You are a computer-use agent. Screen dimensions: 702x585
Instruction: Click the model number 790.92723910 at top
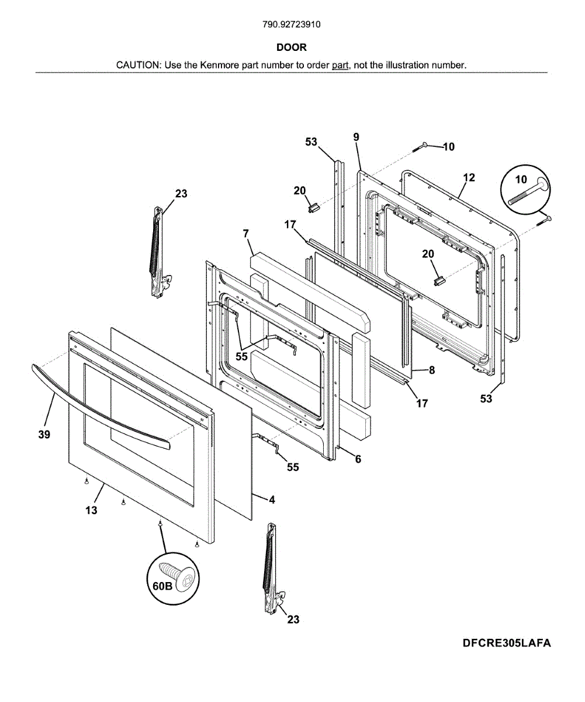pos(292,25)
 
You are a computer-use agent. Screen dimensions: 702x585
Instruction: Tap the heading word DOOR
pos(292,47)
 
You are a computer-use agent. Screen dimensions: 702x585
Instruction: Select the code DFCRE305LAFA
pos(507,643)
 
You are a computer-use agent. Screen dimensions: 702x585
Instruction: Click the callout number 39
pos(44,435)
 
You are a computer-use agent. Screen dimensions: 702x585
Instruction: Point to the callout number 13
pos(91,510)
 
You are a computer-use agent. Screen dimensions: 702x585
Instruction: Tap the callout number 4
pos(272,500)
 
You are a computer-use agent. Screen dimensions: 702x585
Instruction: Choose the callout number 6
pos(358,459)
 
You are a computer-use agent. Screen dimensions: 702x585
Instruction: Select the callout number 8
pos(431,370)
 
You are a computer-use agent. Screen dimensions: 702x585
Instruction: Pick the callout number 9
pos(356,137)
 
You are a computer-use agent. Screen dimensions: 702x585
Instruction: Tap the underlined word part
pos(340,65)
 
